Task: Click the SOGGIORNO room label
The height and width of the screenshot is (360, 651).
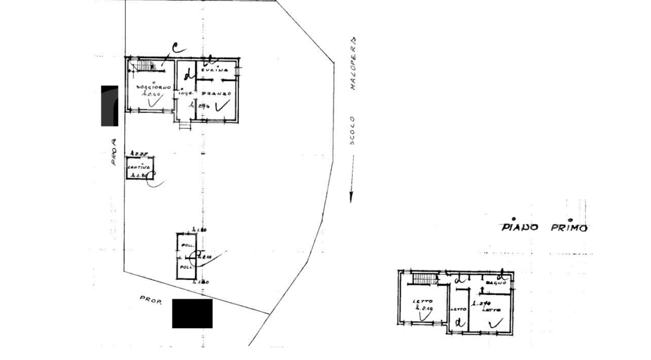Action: click(x=149, y=87)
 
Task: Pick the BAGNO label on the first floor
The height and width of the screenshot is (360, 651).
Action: click(x=495, y=283)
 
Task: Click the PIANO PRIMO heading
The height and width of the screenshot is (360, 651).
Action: click(x=544, y=227)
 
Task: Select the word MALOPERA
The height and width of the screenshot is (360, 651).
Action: click(x=352, y=64)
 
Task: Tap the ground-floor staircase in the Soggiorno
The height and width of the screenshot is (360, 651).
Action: click(x=145, y=66)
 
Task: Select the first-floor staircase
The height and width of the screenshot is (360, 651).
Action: click(x=425, y=279)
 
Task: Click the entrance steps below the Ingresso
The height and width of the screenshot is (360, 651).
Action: click(x=185, y=125)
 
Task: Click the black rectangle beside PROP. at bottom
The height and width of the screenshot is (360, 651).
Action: click(x=192, y=313)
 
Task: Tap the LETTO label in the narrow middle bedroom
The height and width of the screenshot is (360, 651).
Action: click(x=459, y=309)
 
